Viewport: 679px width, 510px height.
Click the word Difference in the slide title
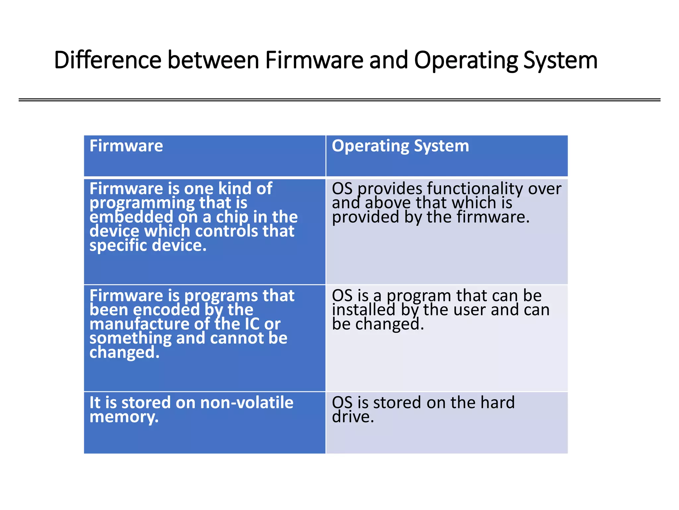tap(107, 60)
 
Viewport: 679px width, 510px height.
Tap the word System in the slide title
tap(560, 60)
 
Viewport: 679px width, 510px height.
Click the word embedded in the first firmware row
tap(131, 217)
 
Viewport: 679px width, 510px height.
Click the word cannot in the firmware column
tap(236, 338)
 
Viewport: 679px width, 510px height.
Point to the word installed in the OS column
tap(364, 310)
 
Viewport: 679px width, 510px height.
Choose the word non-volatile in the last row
tap(247, 402)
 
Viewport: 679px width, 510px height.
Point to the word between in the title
tap(213, 60)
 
